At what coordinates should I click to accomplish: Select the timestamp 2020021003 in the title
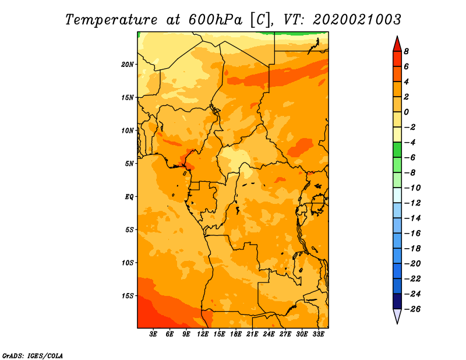click(357, 19)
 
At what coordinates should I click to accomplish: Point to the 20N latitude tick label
click(128, 64)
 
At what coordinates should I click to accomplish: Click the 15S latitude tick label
click(128, 295)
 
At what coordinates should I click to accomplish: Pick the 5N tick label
click(129, 163)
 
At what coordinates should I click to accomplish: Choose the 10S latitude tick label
click(128, 263)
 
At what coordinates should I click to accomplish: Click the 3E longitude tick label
click(154, 334)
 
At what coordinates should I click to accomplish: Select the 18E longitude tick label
click(236, 334)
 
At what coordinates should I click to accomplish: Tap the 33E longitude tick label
click(318, 334)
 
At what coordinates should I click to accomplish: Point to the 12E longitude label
click(203, 334)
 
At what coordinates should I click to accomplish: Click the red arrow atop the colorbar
click(397, 44)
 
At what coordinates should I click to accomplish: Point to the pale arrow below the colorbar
click(397, 316)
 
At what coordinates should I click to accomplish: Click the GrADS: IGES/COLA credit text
click(32, 355)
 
